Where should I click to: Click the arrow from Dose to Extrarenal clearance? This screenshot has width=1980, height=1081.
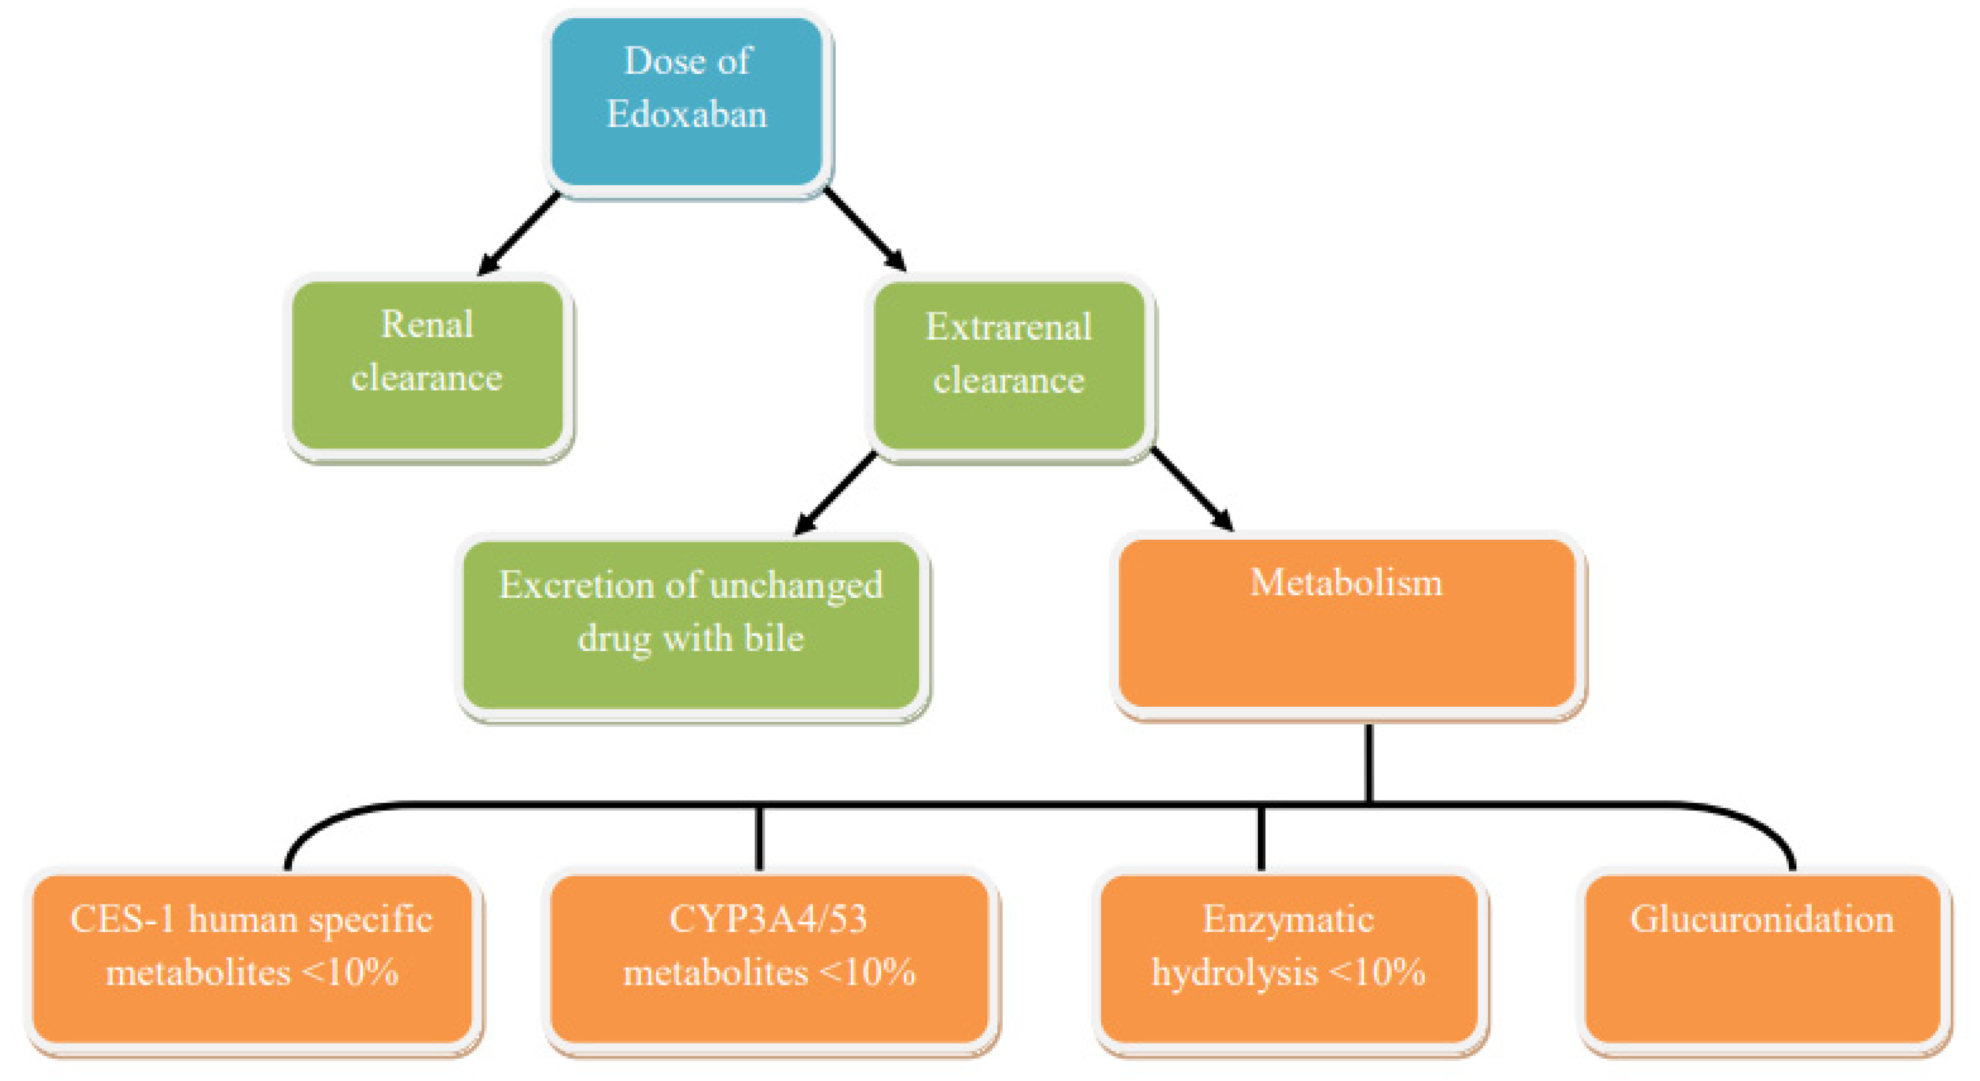click(865, 229)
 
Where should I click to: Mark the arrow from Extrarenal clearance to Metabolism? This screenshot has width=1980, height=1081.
click(1191, 489)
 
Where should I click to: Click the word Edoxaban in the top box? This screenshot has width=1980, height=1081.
click(687, 114)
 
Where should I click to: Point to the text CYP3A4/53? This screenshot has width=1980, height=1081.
click(769, 919)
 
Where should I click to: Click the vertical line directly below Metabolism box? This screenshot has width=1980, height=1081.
click(1369, 763)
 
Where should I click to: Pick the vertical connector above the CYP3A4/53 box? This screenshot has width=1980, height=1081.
click(759, 838)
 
